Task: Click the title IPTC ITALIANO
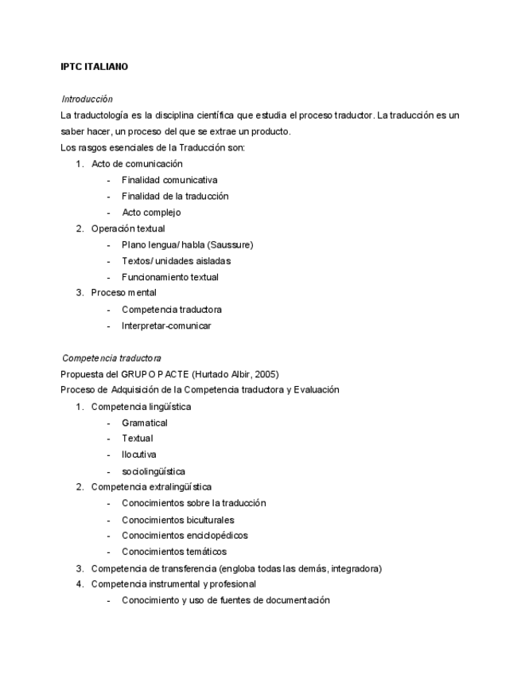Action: tap(94, 67)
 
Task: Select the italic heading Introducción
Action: tap(87, 99)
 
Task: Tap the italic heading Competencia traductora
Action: tap(111, 358)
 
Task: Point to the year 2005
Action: tap(265, 374)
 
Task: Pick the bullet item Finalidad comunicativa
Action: tap(169, 180)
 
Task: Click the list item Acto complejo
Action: tap(151, 213)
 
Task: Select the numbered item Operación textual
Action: tap(128, 228)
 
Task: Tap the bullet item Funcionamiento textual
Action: tap(169, 277)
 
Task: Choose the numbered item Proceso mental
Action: tap(123, 293)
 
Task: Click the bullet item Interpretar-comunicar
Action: tap(166, 326)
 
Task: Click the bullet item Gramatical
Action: tap(145, 423)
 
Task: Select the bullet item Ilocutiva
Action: tap(139, 455)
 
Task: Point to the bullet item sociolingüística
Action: tap(154, 471)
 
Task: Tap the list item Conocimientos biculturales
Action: tap(177, 520)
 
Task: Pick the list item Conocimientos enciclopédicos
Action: tap(185, 536)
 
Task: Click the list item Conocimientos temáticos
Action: tap(174, 552)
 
